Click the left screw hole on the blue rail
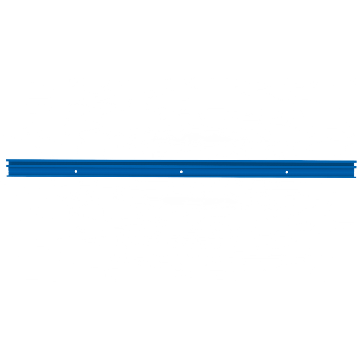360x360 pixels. (76, 172)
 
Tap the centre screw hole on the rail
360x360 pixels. (181, 172)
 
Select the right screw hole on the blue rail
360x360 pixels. (287, 172)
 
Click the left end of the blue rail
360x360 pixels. (7, 168)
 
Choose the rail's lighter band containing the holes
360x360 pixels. (141, 172)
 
